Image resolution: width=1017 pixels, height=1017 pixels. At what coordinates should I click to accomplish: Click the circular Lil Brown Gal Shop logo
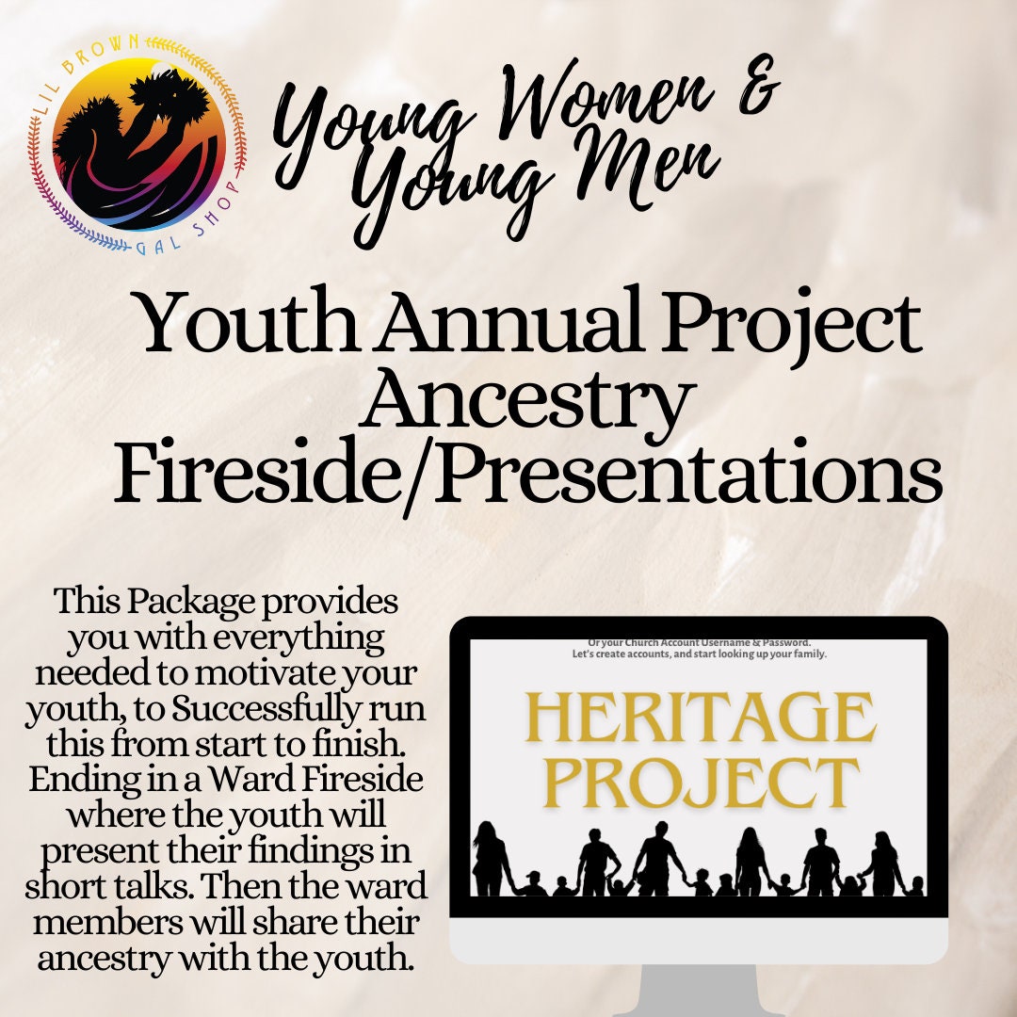point(139,145)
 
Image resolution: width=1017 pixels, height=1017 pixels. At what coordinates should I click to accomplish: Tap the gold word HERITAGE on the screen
point(698,718)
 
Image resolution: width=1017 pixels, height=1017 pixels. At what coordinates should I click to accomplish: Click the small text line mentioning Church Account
point(699,642)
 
